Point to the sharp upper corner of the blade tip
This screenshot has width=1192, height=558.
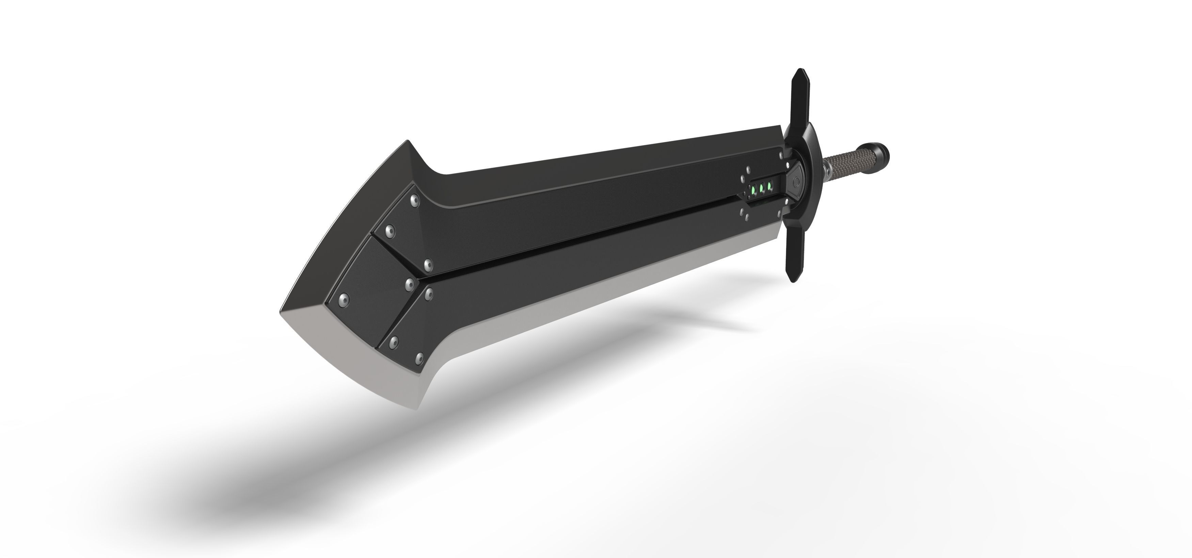(x=408, y=141)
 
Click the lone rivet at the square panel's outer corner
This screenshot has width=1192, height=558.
(x=344, y=299)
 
